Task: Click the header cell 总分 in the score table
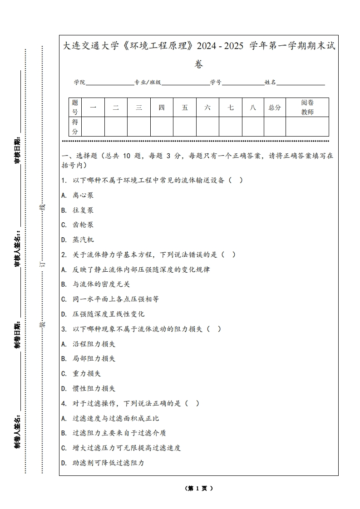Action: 275,108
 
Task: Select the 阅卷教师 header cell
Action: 307,108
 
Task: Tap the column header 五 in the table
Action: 185,108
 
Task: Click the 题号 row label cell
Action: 75,108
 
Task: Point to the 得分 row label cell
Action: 75,127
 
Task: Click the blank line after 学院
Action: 109,83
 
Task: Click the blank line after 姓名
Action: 301,83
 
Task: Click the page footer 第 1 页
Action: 199,488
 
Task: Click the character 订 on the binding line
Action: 43,263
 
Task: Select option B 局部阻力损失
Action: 89,358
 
